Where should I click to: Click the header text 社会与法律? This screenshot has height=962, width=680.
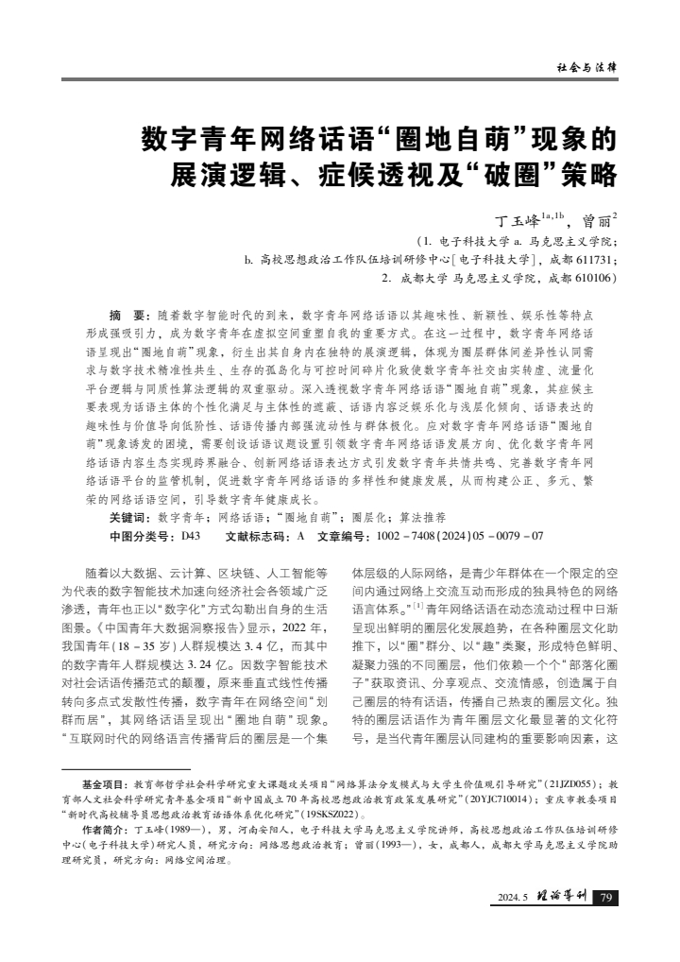(586, 67)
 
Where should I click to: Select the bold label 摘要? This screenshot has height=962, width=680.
(127, 311)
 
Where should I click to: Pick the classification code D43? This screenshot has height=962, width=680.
(191, 536)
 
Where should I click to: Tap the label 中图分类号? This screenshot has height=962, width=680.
(142, 536)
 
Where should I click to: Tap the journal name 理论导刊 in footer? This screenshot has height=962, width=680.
(560, 898)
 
